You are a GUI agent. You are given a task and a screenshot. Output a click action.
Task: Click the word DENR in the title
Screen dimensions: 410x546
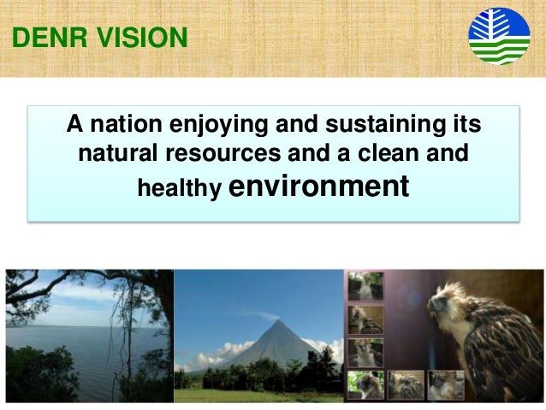pos(44,38)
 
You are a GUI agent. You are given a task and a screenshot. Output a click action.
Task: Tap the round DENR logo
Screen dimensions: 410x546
pos(498,37)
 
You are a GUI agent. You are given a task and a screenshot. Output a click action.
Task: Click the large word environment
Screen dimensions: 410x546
pos(319,185)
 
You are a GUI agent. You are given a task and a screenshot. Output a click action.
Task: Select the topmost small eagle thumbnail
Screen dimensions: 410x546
pos(365,286)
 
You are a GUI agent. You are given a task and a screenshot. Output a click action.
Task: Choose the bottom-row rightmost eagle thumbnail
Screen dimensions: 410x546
pos(446,384)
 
